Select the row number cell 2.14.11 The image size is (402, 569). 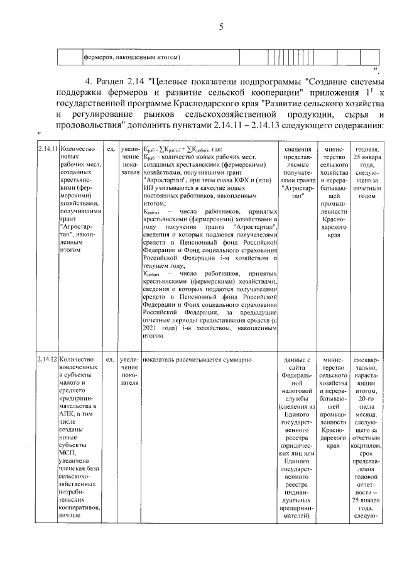(47, 148)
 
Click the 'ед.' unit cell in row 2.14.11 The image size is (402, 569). (110, 148)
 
